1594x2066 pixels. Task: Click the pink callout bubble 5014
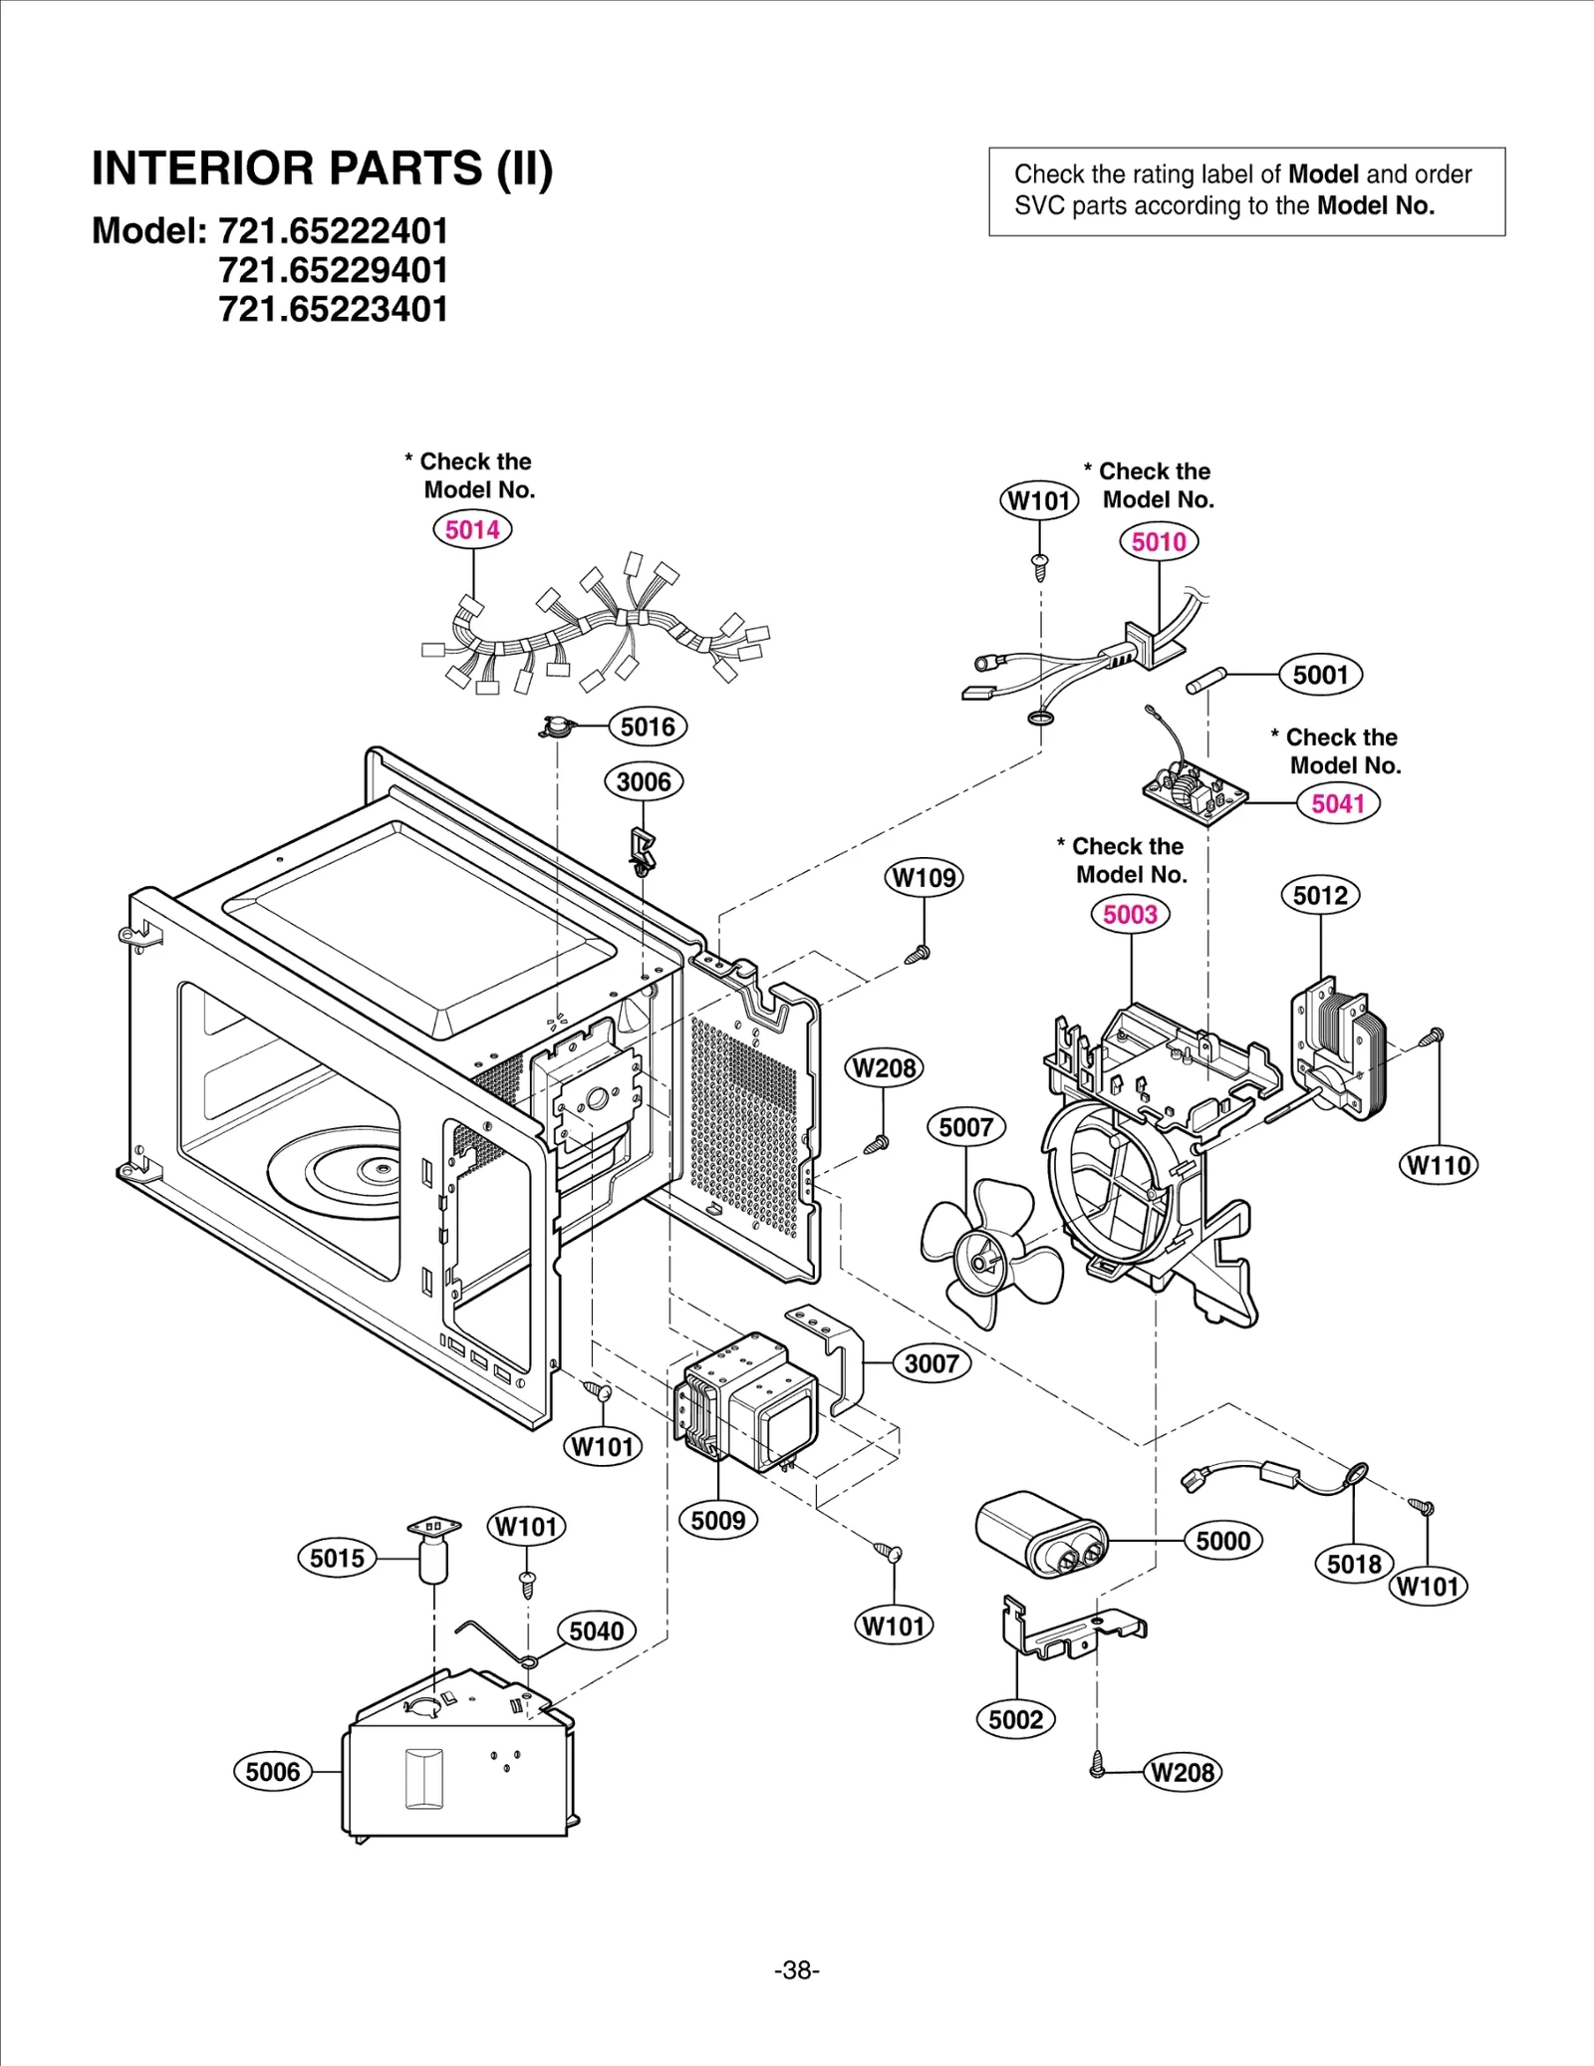[472, 529]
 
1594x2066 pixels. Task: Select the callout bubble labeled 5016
[648, 727]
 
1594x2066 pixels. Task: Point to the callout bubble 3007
[931, 1363]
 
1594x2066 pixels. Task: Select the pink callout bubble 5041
[1338, 803]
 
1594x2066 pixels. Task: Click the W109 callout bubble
[924, 878]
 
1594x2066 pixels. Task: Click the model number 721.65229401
[333, 270]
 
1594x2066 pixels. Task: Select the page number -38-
[796, 1970]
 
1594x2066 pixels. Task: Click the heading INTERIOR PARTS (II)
[322, 168]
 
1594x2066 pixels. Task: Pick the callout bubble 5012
[1320, 895]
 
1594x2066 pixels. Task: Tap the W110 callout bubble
[1439, 1165]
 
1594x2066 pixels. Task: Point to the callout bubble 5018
[1354, 1564]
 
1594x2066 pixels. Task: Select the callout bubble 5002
[1015, 1719]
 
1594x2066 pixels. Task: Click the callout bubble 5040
[596, 1630]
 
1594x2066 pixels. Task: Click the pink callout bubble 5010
[1159, 542]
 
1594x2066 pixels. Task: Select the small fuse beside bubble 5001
[1206, 681]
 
